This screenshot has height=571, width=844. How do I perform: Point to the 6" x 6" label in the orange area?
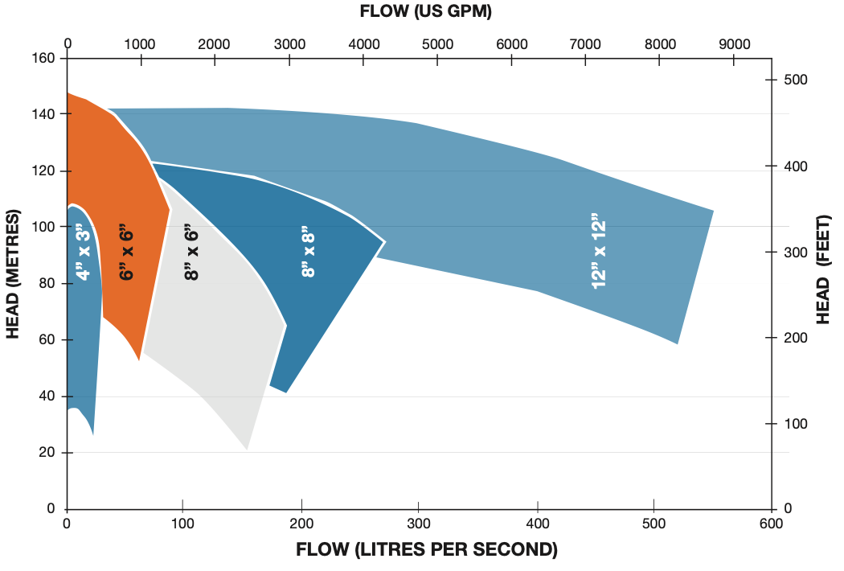click(126, 252)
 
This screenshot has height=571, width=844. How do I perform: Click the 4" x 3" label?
click(83, 252)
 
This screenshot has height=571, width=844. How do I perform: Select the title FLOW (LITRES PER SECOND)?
click(426, 551)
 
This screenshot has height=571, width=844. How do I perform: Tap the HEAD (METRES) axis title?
click(13, 274)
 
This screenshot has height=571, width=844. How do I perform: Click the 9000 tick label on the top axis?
click(734, 43)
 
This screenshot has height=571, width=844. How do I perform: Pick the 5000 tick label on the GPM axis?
click(437, 43)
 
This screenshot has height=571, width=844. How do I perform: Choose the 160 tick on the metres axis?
click(44, 59)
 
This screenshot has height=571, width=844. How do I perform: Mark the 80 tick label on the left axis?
click(47, 284)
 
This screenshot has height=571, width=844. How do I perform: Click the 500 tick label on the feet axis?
click(794, 80)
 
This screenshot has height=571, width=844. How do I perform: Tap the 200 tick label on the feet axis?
click(794, 338)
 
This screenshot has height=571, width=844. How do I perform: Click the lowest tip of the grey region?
click(247, 450)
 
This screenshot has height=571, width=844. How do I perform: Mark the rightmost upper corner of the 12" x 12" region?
click(713, 211)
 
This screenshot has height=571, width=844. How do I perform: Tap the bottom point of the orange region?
click(139, 360)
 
